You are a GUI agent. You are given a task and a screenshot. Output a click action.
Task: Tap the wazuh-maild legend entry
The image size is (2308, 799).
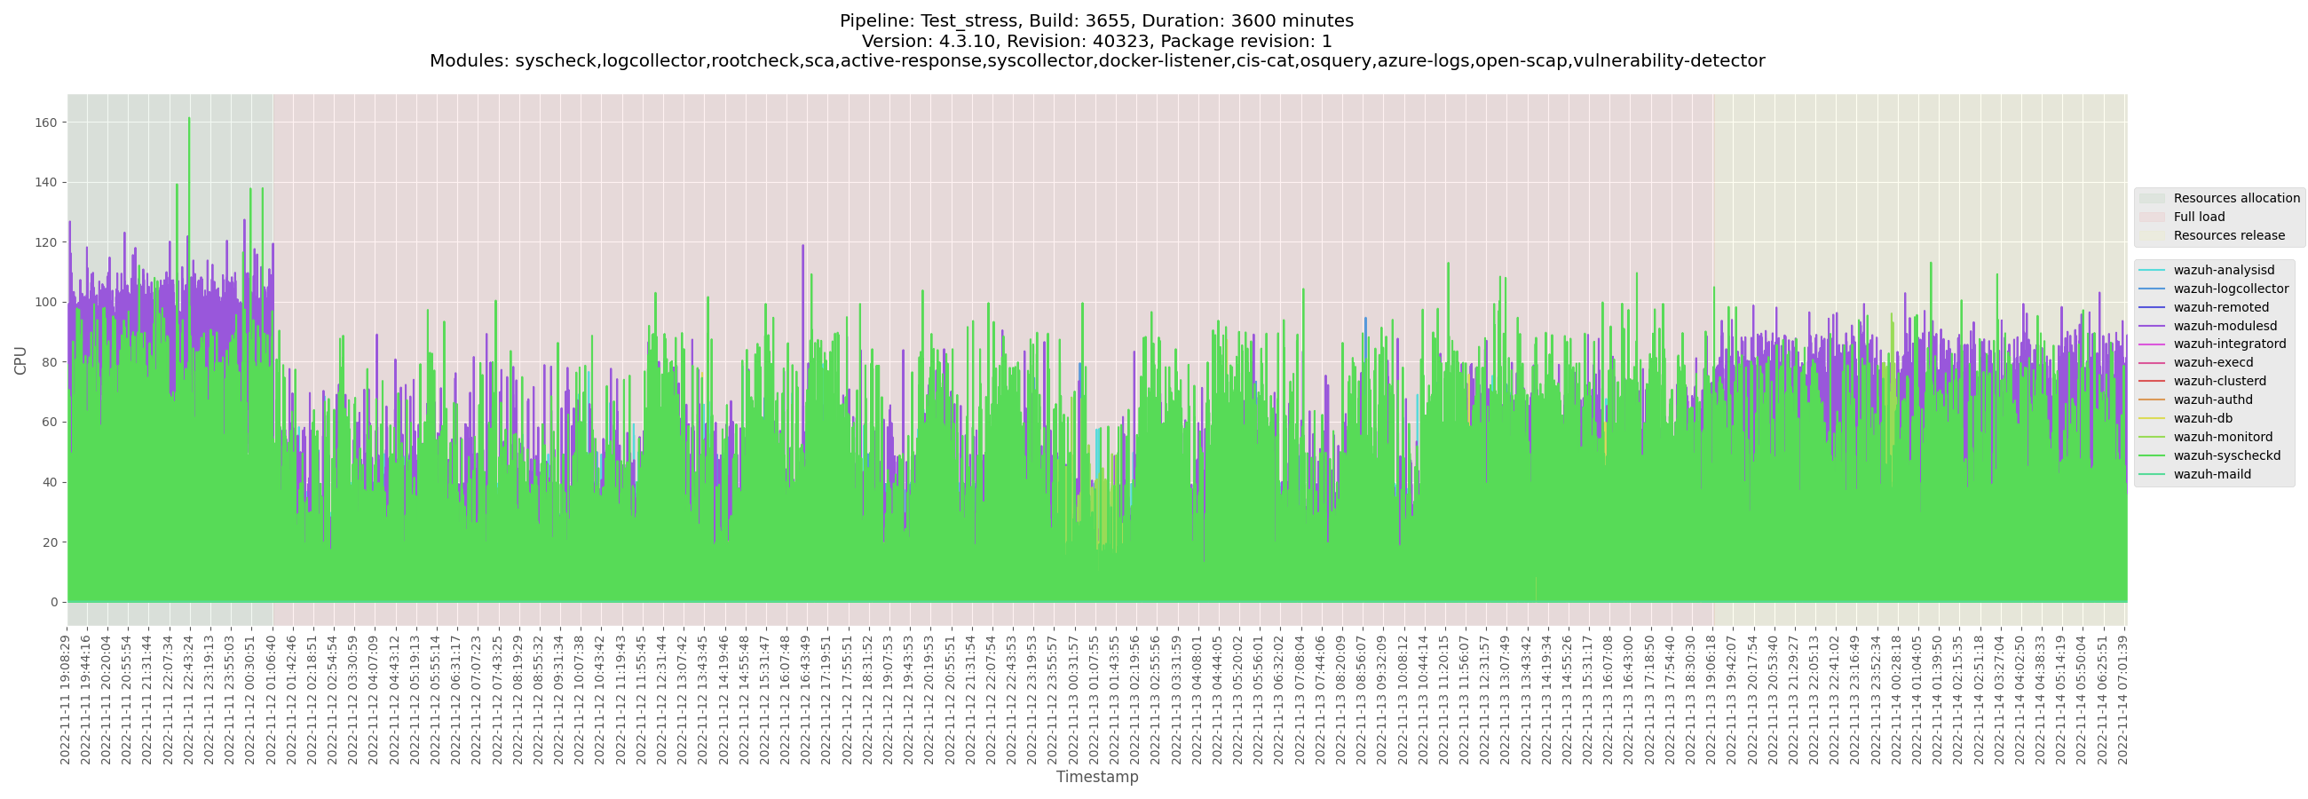pos(2211,475)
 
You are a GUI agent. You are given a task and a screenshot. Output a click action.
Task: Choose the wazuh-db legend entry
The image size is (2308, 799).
pos(2202,418)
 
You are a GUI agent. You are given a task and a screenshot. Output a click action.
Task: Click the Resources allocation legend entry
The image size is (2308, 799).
pos(2236,198)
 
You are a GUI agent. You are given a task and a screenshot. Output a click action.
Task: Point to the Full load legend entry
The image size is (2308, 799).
pos(2199,217)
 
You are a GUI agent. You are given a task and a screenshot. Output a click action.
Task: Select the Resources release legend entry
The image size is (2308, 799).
pos(2228,235)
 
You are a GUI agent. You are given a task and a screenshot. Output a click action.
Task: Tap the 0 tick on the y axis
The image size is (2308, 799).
pos(54,603)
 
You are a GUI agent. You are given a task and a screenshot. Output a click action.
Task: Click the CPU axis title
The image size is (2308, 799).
pos(20,360)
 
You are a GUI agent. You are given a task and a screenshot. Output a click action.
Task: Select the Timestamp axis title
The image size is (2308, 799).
pos(1096,777)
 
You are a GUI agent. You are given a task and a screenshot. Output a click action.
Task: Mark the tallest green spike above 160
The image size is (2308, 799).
pos(189,119)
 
